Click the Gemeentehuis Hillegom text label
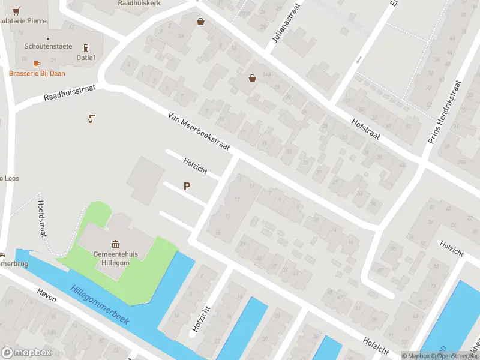115,258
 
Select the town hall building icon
115,244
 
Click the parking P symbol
187,187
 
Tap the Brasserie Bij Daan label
37,73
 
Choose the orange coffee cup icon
36,63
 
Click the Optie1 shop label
86,58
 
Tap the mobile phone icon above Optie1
86,47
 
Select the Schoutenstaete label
48,46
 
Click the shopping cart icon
16,11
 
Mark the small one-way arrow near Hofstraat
359,59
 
